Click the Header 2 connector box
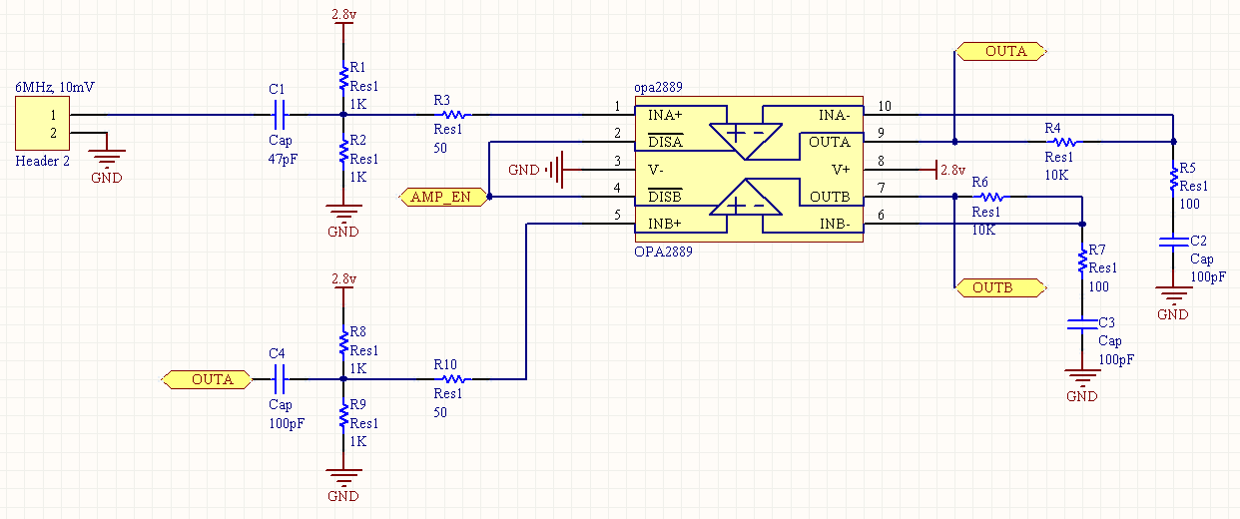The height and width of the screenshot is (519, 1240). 41,125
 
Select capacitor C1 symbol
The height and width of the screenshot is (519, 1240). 280,114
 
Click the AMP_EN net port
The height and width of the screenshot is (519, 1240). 440,197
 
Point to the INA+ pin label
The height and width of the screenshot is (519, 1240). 665,115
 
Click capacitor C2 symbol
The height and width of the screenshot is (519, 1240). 1173,242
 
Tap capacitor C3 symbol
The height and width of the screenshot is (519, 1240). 1081,323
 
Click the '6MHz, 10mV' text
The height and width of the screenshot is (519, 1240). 55,88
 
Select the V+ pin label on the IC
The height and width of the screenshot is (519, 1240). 841,170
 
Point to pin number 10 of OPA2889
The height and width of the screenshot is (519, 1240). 885,106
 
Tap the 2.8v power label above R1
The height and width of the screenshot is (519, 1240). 342,15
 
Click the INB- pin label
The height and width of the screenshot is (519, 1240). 835,225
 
